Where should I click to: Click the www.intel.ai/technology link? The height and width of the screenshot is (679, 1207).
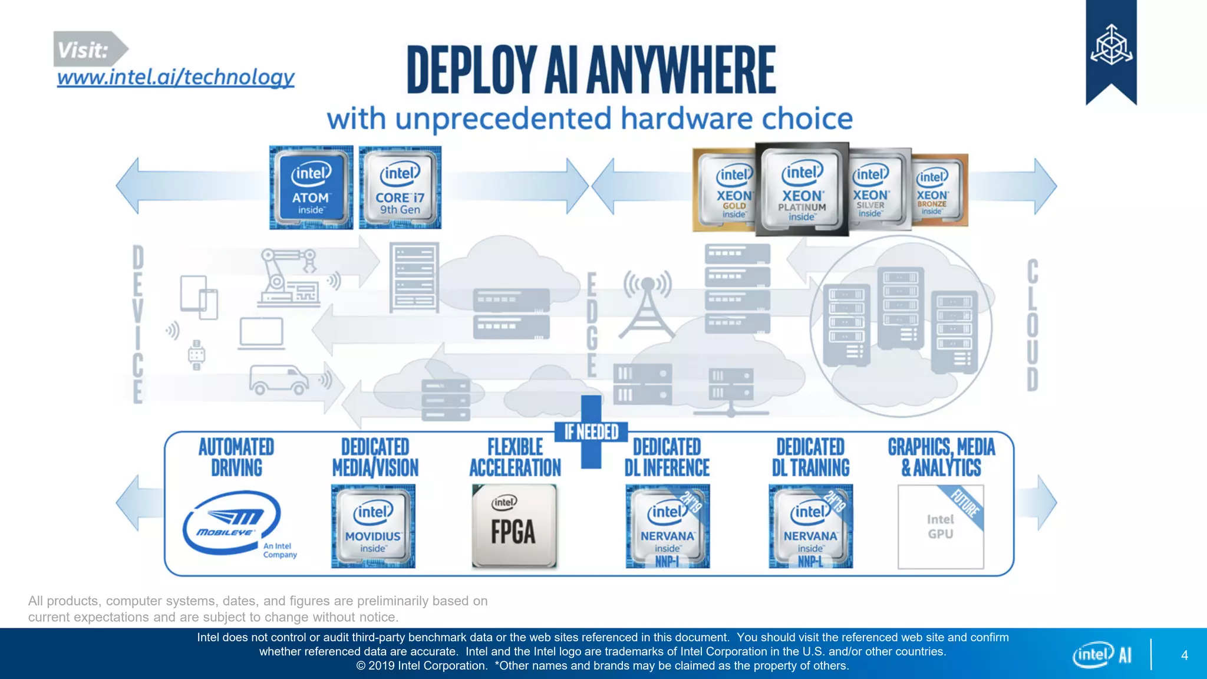tap(176, 77)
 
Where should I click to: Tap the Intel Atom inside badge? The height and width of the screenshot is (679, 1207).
tap(311, 187)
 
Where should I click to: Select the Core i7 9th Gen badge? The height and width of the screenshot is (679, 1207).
tap(400, 187)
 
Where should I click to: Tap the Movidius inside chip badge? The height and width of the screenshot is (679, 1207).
tap(373, 526)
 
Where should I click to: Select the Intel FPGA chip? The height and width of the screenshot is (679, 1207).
tap(514, 526)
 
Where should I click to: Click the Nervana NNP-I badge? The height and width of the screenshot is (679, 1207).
tap(667, 526)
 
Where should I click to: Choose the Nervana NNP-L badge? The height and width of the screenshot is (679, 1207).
tap(810, 526)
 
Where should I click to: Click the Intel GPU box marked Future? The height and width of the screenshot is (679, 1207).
tap(941, 526)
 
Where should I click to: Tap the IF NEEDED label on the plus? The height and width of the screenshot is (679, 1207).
tap(591, 432)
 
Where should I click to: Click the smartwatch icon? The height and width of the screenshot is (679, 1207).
tap(196, 355)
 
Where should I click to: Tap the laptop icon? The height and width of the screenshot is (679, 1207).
tap(261, 334)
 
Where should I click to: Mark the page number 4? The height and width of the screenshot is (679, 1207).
tap(1184, 655)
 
